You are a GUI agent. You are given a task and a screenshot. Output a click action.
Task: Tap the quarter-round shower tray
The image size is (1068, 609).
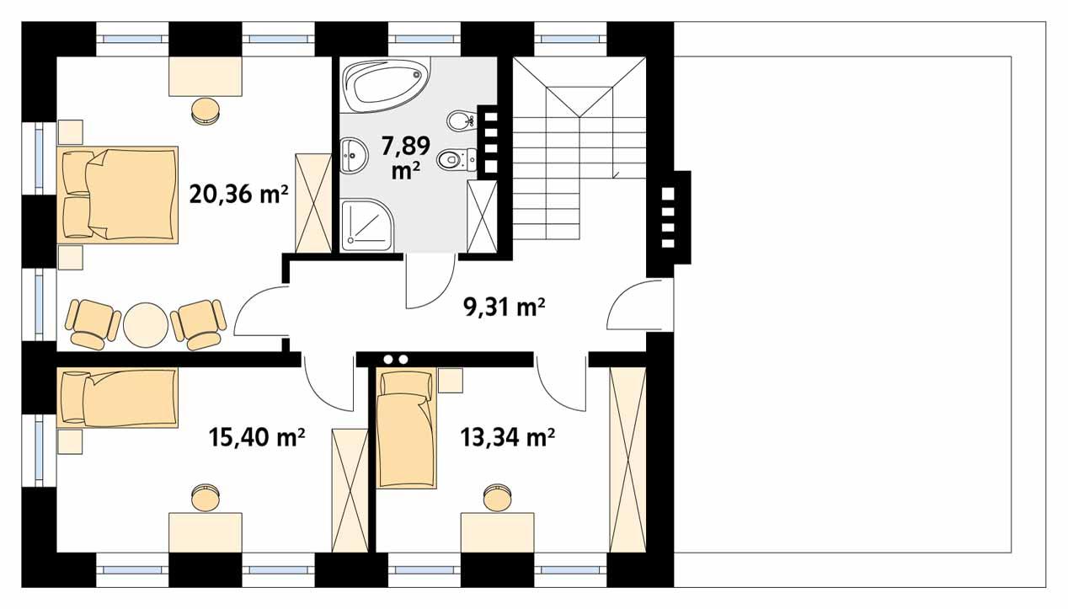tap(367, 225)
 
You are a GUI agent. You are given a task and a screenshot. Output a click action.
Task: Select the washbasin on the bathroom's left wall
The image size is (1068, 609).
tap(354, 153)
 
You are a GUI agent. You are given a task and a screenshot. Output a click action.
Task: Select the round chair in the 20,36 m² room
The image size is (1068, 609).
tap(205, 110)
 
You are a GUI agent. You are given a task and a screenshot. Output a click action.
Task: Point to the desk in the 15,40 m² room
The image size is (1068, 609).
tap(206, 532)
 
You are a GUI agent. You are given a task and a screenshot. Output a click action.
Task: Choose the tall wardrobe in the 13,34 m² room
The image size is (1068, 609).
tap(627, 459)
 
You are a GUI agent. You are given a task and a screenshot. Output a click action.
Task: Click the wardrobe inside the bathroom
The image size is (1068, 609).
tap(483, 216)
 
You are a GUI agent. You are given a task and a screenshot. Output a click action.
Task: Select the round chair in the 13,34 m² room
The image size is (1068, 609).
tap(497, 497)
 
